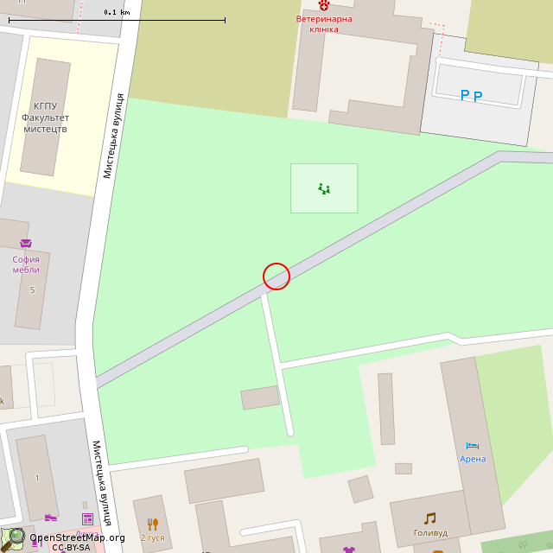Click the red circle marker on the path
(x=276, y=276)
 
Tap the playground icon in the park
(x=324, y=188)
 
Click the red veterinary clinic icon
(x=324, y=5)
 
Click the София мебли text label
(x=26, y=264)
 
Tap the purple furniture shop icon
(x=25, y=245)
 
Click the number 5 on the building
(x=32, y=289)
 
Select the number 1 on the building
(x=37, y=478)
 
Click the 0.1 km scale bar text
(x=117, y=12)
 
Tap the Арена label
(x=473, y=459)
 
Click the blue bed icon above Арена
(x=473, y=445)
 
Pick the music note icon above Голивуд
(x=429, y=518)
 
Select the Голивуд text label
(x=430, y=533)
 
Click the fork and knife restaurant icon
(x=153, y=524)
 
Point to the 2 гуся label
(x=152, y=537)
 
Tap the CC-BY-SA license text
(x=71, y=547)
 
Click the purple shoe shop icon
(x=51, y=518)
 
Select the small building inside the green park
(x=260, y=397)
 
